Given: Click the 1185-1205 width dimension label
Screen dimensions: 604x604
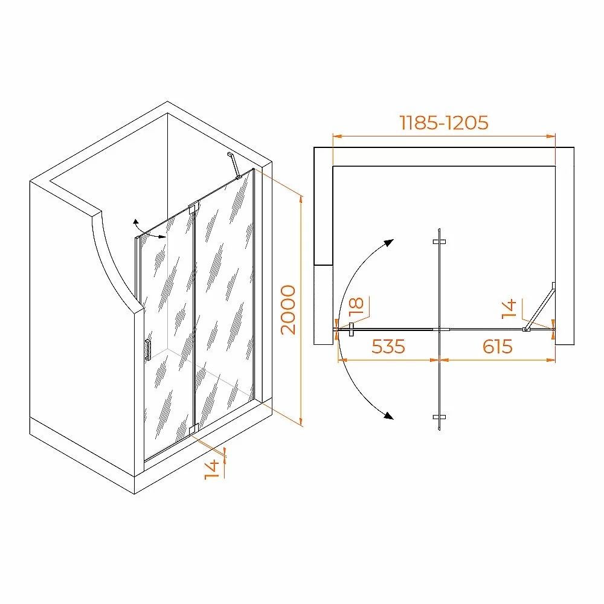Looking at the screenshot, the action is tap(444, 123).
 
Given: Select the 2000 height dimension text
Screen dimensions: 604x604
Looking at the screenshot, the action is tap(288, 310).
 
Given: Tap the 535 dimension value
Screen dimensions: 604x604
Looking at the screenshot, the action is tap(388, 346).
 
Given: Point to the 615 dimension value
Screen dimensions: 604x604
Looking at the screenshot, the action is tap(497, 346).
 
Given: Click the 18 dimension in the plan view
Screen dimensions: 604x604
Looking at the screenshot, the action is tap(356, 306).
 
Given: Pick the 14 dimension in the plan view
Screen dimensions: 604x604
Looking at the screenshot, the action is tap(509, 309).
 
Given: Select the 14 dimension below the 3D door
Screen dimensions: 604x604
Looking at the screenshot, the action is tap(211, 469).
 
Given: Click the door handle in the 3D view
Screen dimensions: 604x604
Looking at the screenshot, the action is tap(148, 350).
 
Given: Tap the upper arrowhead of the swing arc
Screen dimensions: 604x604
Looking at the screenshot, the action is tap(389, 243).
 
